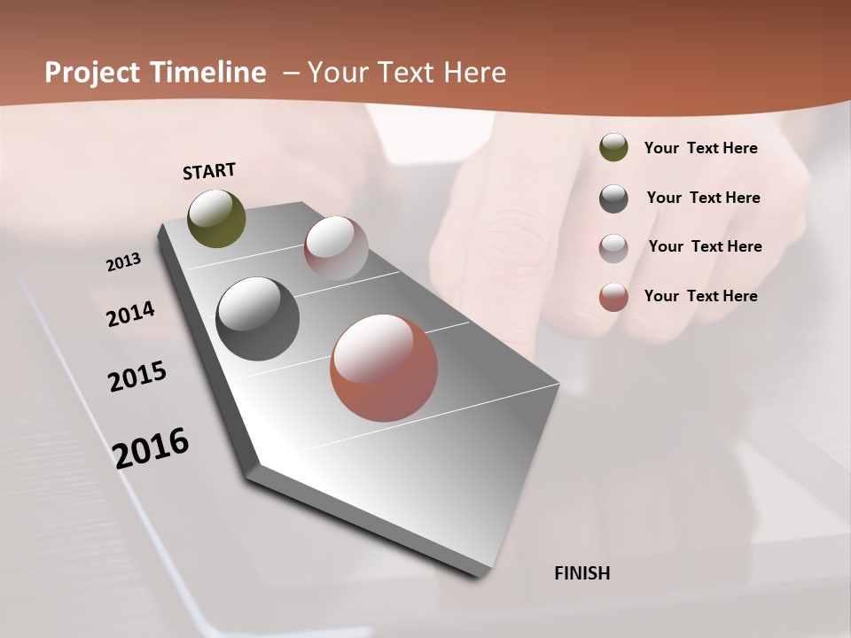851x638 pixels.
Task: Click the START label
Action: click(x=209, y=171)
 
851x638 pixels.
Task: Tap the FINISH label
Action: click(x=582, y=573)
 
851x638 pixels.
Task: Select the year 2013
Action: click(x=123, y=262)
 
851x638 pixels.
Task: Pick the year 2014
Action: click(x=130, y=315)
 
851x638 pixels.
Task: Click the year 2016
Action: click(x=151, y=448)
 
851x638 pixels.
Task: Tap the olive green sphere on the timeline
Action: click(x=216, y=218)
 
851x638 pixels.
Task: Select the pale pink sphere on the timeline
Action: click(x=336, y=248)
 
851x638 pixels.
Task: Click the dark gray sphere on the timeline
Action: click(x=258, y=319)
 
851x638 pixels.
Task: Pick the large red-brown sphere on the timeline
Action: click(x=384, y=368)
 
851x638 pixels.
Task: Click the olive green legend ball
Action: click(x=613, y=148)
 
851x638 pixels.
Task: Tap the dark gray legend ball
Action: click(x=613, y=198)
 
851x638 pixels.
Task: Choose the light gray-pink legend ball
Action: click(x=613, y=248)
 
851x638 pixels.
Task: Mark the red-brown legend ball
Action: click(x=613, y=297)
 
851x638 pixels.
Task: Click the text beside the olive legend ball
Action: click(x=700, y=148)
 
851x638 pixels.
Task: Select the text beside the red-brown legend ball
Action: click(x=700, y=296)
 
